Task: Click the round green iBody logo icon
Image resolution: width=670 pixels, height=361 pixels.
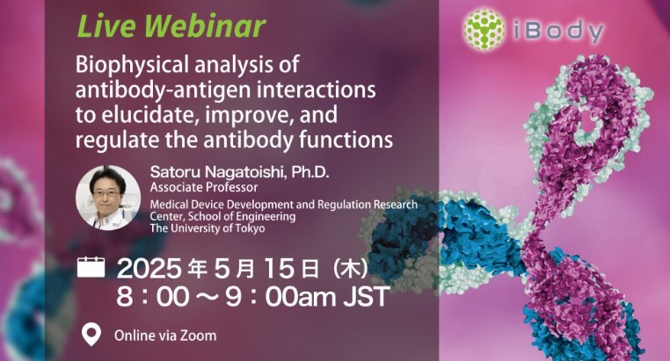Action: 484,29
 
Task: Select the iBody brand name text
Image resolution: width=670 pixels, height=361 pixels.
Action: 558,31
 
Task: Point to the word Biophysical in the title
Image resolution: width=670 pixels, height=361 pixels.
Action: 132,66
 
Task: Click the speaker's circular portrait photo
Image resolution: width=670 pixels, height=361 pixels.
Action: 107,198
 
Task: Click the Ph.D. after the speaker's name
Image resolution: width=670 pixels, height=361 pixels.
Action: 310,172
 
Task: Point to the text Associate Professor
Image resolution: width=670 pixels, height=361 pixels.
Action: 204,187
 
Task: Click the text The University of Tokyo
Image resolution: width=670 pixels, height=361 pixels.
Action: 208,228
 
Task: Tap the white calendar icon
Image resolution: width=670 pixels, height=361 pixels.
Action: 91,267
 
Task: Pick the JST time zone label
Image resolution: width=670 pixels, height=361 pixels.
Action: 367,297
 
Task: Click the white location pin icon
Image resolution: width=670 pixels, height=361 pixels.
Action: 91,334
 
